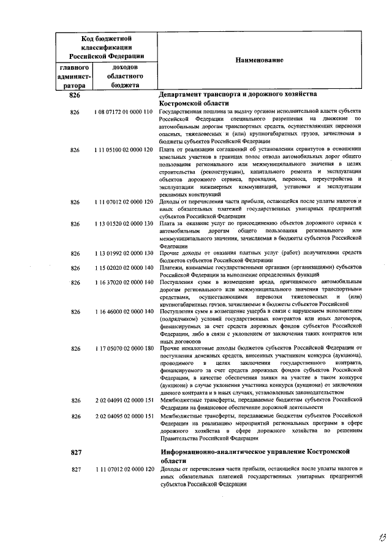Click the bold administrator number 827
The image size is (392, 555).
click(76, 453)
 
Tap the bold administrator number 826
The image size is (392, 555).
click(75, 96)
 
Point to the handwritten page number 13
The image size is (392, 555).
click(366, 538)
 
